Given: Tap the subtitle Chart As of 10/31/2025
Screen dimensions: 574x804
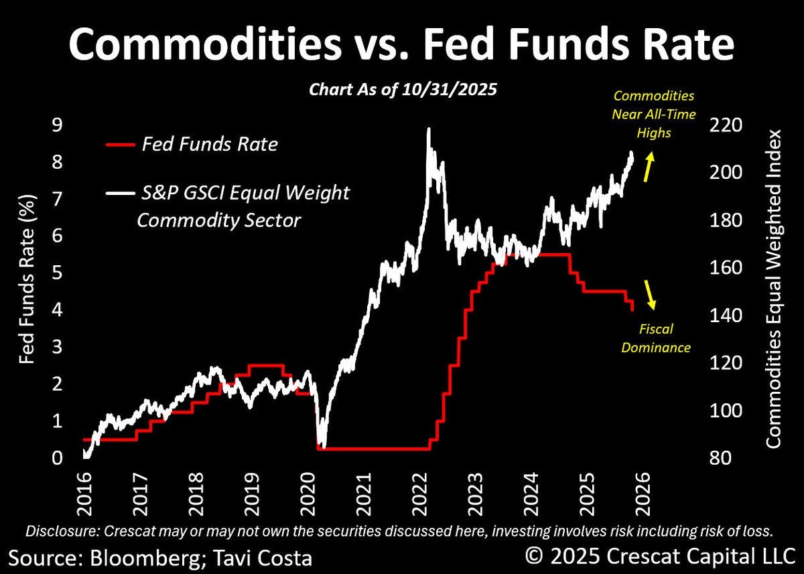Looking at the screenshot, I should [x=403, y=90].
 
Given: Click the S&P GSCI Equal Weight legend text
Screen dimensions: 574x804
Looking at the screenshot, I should [x=245, y=193].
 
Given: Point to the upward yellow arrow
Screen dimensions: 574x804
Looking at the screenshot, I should [x=649, y=167].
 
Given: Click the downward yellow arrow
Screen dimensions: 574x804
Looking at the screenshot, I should [x=649, y=295].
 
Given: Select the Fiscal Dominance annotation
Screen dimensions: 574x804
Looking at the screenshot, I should [x=656, y=338].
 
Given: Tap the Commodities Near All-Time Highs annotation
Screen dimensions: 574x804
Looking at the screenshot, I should [x=653, y=114].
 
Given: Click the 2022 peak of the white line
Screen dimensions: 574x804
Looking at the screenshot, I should [x=428, y=130].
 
